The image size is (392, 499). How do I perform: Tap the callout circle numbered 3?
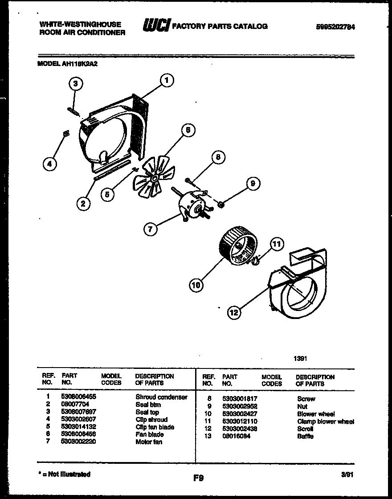coord(76,83)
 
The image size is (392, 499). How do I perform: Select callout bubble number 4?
coord(49,164)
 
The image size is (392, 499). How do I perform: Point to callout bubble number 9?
coord(253,183)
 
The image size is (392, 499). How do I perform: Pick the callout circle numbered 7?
coord(151,229)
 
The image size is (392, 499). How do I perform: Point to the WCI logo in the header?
coord(155,26)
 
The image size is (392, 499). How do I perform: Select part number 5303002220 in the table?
coord(78,442)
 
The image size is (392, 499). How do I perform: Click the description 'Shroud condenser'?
coord(161,397)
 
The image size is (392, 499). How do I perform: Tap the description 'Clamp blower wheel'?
coord(325,421)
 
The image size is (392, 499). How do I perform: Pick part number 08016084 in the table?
coord(237,436)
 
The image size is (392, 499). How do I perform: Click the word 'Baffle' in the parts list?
coord(305,436)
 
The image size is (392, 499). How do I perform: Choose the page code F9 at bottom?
coord(198,478)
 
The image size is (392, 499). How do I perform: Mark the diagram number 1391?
coord(300,358)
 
